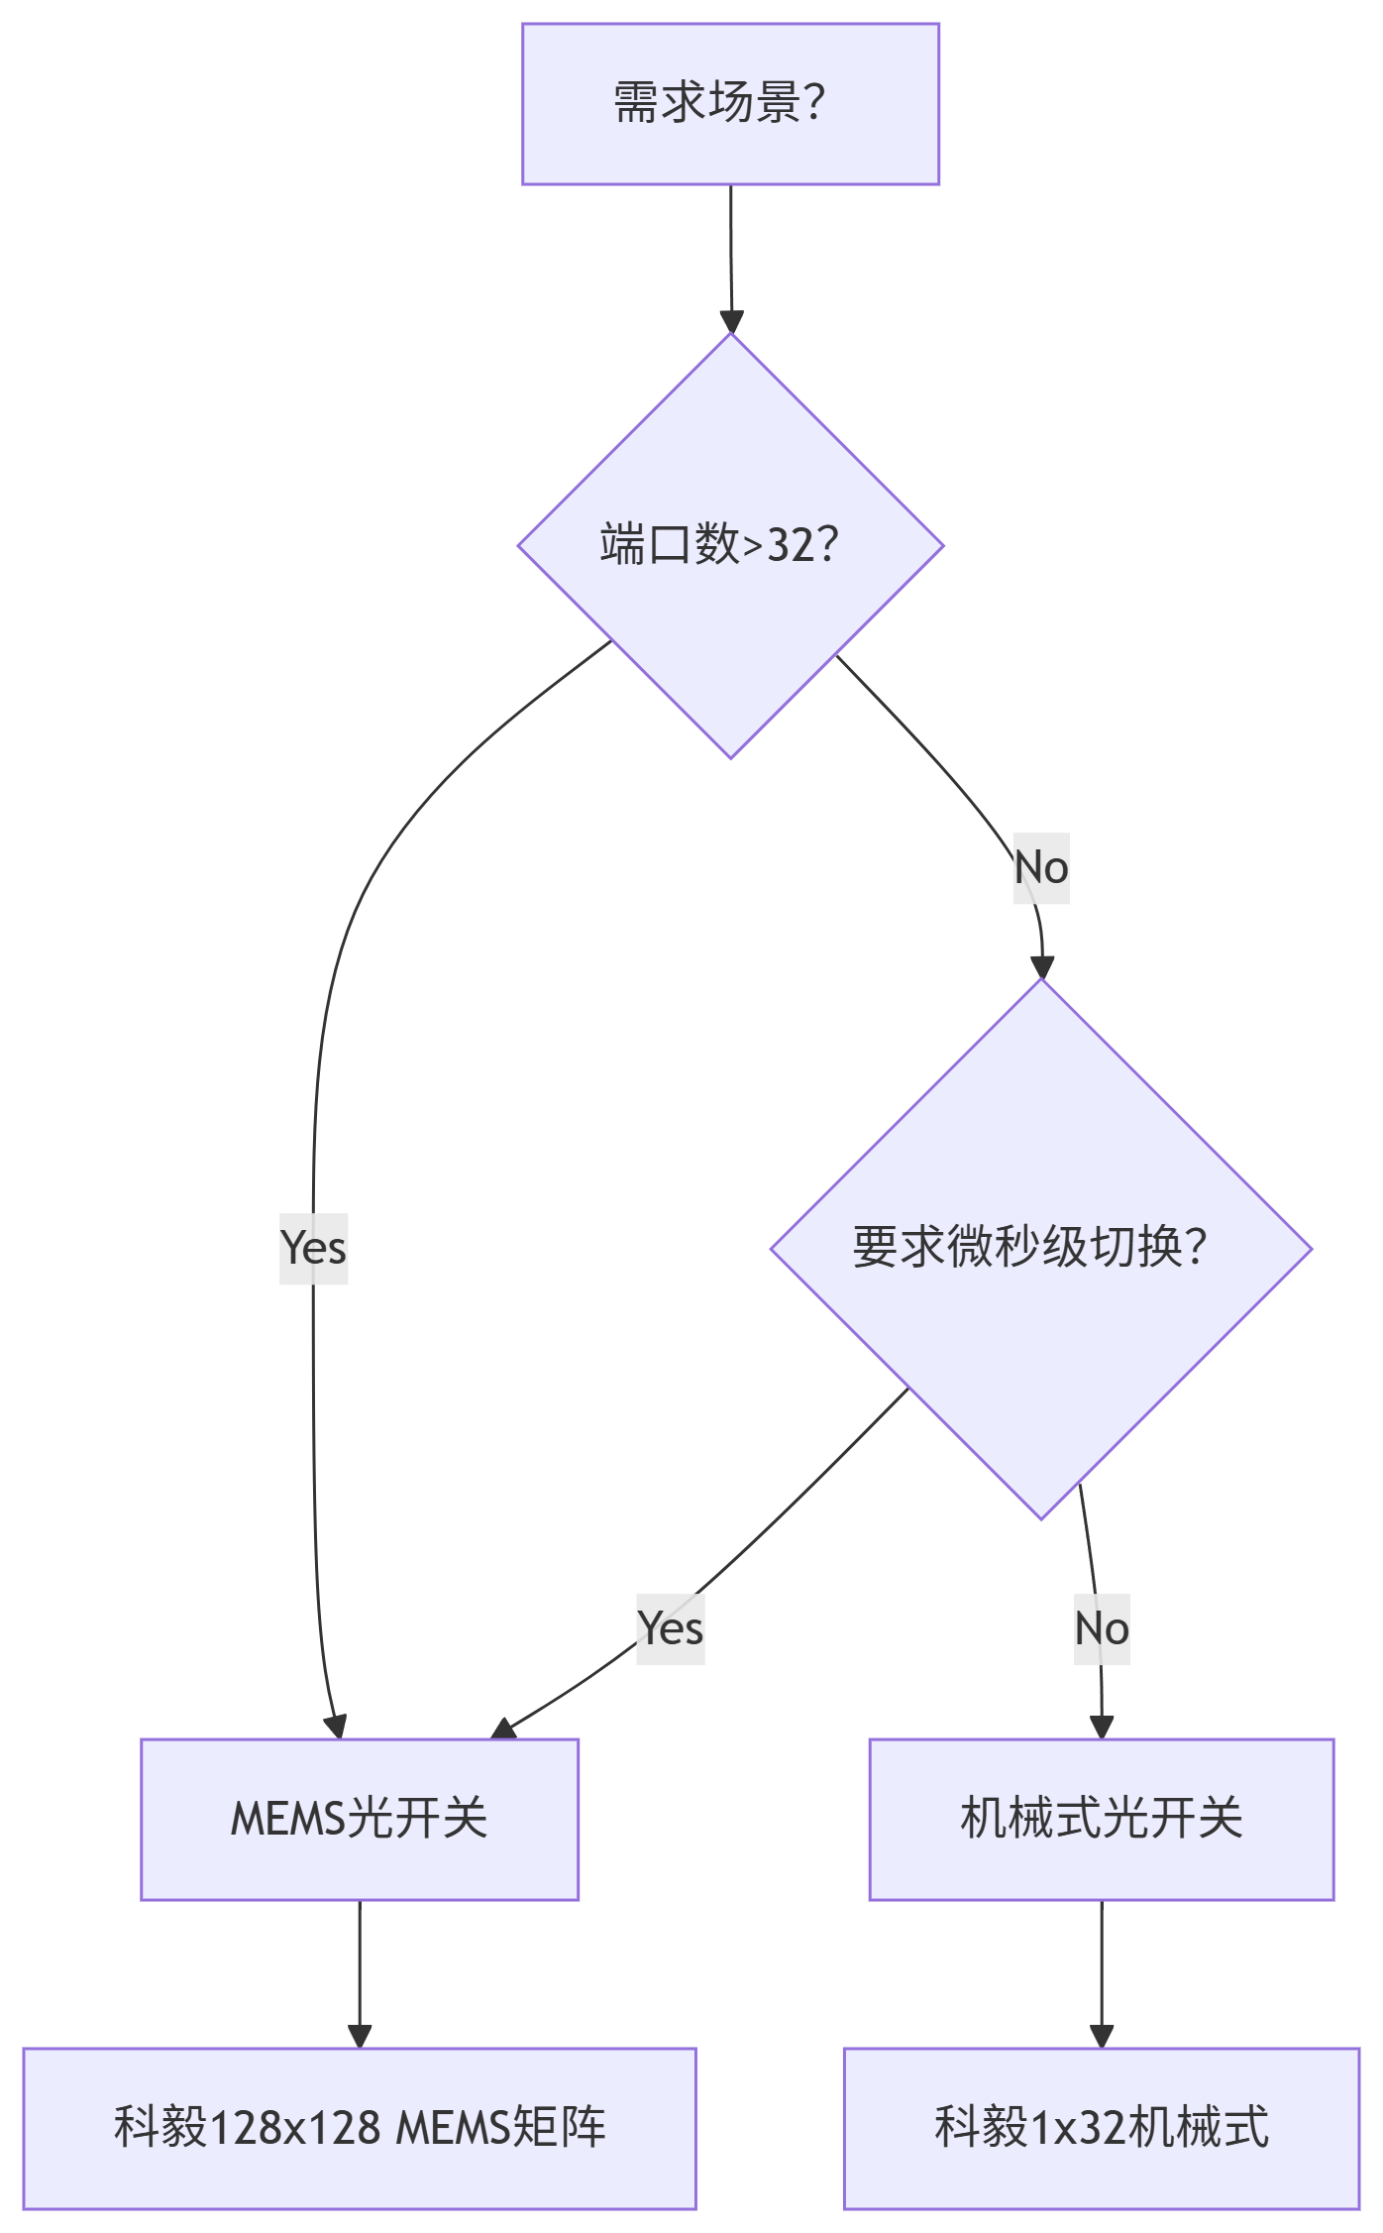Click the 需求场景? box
point(730,104)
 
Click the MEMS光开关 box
point(359,1819)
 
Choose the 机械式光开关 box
point(1101,1819)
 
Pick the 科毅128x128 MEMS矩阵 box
point(359,2128)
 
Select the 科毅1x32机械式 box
point(1101,2128)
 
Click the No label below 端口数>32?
point(1041,868)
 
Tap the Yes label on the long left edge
point(313,1248)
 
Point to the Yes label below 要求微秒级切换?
point(671,1628)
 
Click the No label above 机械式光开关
point(1102,1629)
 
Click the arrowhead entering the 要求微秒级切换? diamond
point(1041,967)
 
